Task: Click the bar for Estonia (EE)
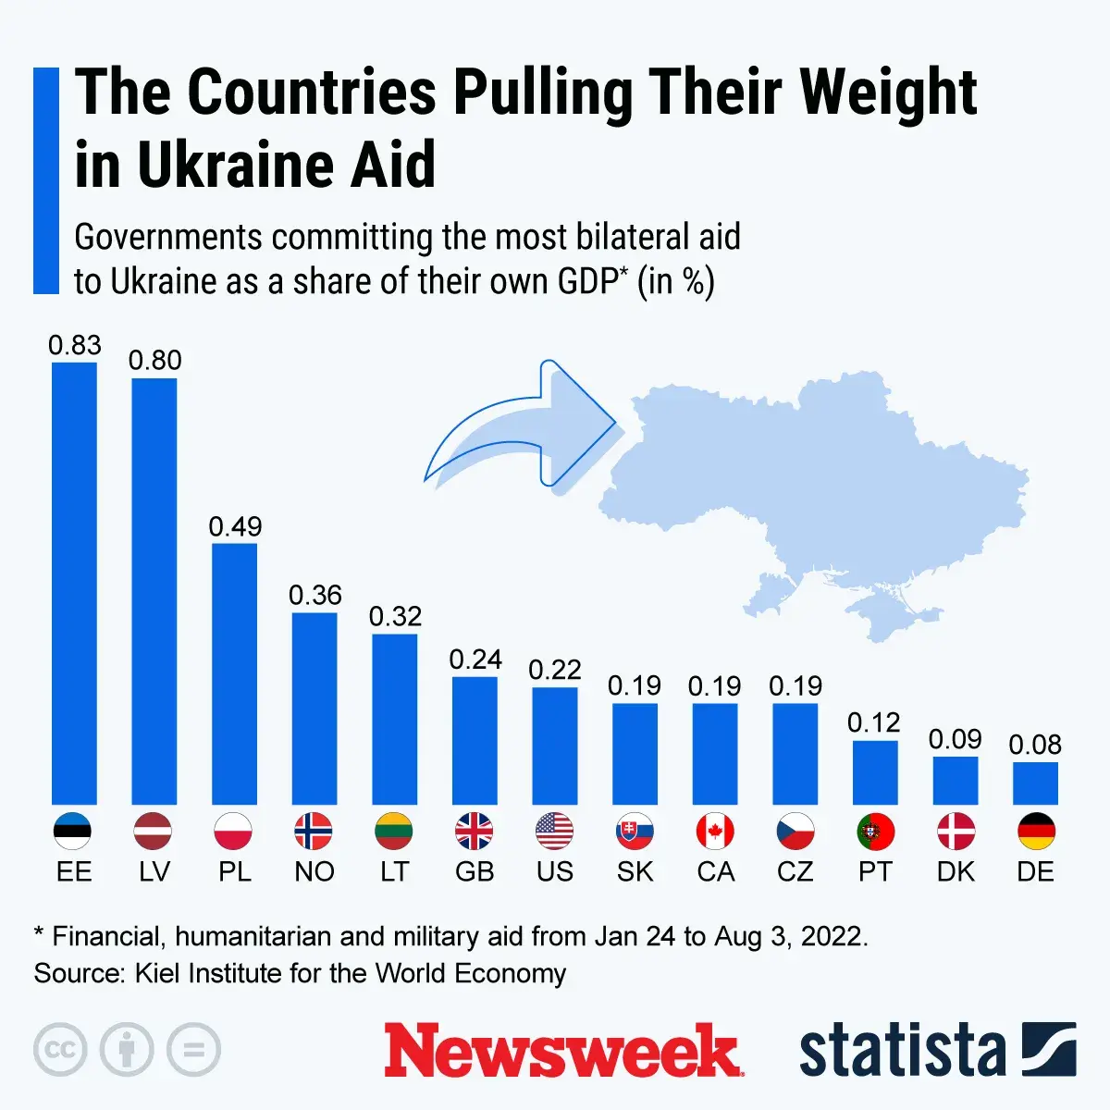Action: pyautogui.click(x=74, y=583)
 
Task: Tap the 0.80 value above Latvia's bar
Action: pyautogui.click(x=154, y=360)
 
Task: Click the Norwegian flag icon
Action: pyautogui.click(x=314, y=832)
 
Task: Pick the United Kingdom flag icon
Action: pyautogui.click(x=475, y=832)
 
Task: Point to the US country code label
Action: pyautogui.click(x=555, y=872)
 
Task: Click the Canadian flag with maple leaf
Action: pyautogui.click(x=715, y=832)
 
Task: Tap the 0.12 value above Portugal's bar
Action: pyautogui.click(x=874, y=722)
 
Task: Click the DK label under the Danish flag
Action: pyautogui.click(x=956, y=872)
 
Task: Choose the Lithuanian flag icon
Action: pyautogui.click(x=394, y=832)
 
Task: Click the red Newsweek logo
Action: pyautogui.click(x=562, y=1051)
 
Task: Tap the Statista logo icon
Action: pyautogui.click(x=1049, y=1050)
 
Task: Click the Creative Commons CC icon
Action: pyautogui.click(x=60, y=1050)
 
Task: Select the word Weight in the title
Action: pyautogui.click(x=887, y=92)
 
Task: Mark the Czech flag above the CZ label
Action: pyautogui.click(x=795, y=832)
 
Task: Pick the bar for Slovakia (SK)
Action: pyautogui.click(x=635, y=754)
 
